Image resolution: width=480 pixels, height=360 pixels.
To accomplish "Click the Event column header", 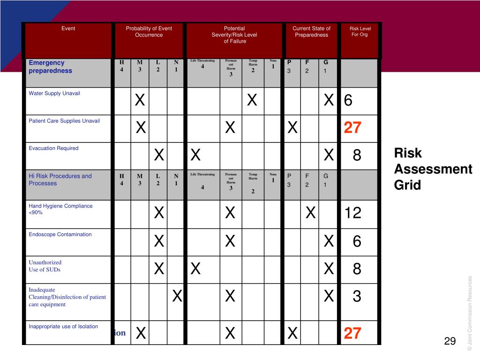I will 68,29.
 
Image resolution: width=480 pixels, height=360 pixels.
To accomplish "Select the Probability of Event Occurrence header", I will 149,31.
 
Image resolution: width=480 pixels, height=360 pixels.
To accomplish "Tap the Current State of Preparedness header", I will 311,31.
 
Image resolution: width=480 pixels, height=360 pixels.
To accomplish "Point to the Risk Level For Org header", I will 360,31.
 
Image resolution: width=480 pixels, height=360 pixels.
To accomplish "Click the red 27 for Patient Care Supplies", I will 352,127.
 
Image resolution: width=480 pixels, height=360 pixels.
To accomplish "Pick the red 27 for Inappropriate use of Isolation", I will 352,333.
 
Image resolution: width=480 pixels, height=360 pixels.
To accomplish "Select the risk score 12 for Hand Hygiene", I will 352,213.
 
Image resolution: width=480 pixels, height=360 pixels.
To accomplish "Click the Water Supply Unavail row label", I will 54,93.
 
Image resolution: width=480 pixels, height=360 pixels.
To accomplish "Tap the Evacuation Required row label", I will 53,148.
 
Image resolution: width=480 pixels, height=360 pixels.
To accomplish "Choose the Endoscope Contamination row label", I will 60,234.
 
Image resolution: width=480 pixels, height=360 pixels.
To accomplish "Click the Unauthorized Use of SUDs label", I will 45,266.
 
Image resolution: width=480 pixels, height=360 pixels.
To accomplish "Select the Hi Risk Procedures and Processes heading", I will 60,180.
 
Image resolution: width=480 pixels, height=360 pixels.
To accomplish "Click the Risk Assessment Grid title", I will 433,169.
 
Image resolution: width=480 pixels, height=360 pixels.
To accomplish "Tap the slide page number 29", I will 450,341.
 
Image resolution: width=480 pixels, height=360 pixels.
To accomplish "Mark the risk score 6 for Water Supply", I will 348,100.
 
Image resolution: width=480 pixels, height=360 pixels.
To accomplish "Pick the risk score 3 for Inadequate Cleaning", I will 357,296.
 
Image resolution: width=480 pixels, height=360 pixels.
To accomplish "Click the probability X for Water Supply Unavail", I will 140,100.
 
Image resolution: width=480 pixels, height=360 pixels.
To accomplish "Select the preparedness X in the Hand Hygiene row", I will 310,213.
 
